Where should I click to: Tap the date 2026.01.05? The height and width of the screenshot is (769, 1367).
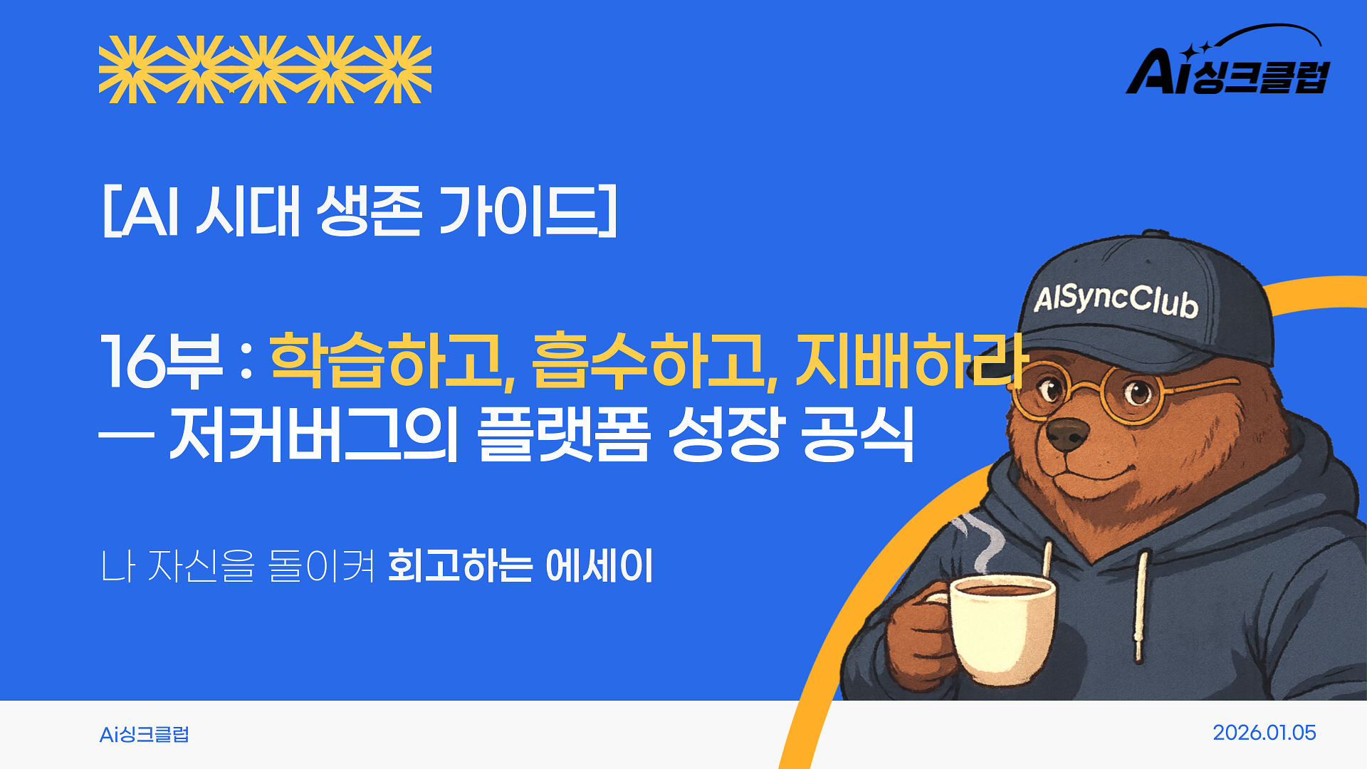tap(1264, 733)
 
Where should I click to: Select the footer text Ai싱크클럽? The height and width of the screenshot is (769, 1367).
tap(145, 734)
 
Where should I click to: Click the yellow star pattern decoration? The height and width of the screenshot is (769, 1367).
tap(265, 69)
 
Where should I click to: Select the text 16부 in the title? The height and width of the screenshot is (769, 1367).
tap(161, 361)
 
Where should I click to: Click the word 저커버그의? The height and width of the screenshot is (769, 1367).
tap(313, 434)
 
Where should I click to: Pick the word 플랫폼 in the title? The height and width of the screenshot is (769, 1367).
tap(563, 434)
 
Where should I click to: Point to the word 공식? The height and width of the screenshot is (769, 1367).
tap(857, 434)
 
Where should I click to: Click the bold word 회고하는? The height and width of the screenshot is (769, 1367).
tap(460, 566)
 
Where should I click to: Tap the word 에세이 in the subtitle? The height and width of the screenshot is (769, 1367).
tap(599, 566)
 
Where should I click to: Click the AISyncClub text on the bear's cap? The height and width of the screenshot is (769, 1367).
tap(1116, 300)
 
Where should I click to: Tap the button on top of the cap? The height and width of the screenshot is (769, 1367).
tap(1154, 234)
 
